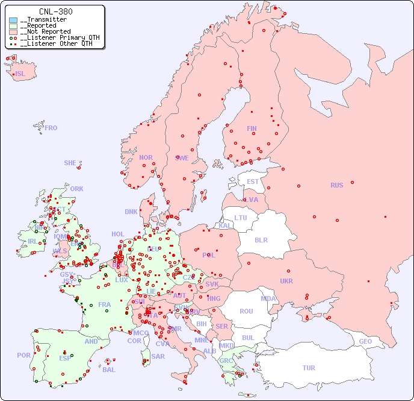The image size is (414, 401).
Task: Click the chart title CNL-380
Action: click(x=56, y=11)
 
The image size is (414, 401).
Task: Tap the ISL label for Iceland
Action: click(x=20, y=74)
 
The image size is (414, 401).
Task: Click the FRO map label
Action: click(x=51, y=128)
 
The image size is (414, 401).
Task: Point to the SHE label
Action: click(x=70, y=163)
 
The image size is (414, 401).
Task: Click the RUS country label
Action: click(x=336, y=185)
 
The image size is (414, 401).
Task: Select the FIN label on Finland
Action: click(x=252, y=128)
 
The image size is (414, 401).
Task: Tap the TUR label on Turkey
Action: click(x=309, y=368)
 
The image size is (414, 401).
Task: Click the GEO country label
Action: click(x=365, y=341)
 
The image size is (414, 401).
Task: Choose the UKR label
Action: click(x=286, y=281)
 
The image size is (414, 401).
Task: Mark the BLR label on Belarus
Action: click(x=261, y=239)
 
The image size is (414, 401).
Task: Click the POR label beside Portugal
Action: click(x=23, y=355)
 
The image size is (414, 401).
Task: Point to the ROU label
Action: click(x=246, y=311)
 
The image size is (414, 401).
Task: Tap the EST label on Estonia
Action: click(x=253, y=182)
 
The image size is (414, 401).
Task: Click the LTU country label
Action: click(x=241, y=218)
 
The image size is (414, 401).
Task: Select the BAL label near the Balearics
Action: click(x=109, y=370)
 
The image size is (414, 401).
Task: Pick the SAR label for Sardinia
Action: click(x=158, y=356)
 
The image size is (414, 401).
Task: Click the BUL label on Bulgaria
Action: click(x=248, y=338)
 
